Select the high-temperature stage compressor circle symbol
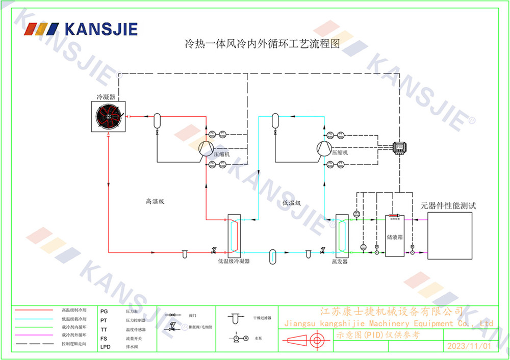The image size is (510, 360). point(206,148)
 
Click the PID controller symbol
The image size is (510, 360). point(399,146)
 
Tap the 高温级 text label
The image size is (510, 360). point(155,201)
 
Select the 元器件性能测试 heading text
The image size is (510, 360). point(448,206)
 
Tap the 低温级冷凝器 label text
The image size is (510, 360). point(234,261)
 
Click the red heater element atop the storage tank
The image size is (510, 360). point(394,216)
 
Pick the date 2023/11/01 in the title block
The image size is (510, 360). point(469,346)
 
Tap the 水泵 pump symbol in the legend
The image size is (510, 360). point(237,338)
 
